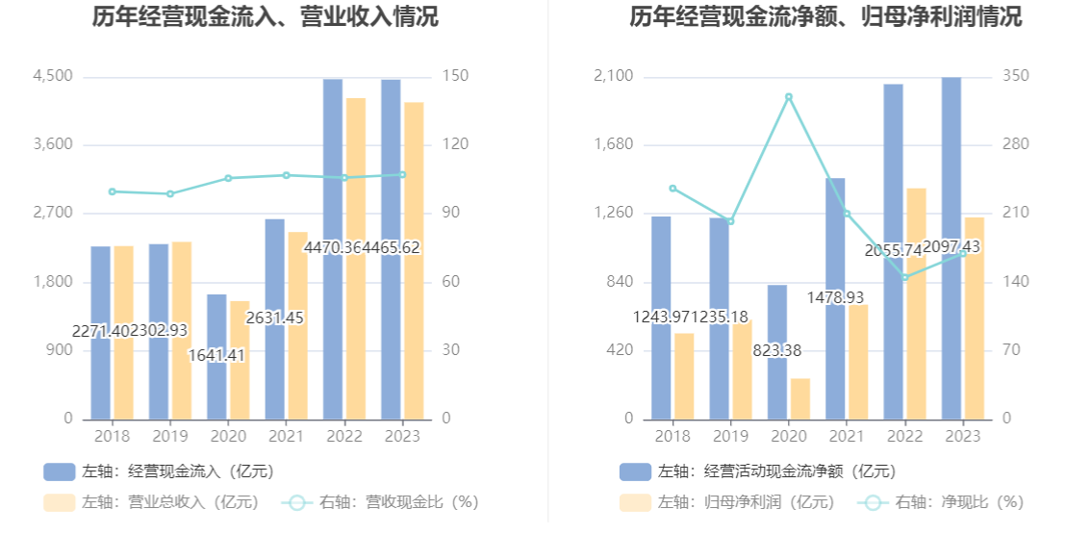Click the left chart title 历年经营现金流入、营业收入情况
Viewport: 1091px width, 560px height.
click(265, 16)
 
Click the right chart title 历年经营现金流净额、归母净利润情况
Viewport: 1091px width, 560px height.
click(825, 16)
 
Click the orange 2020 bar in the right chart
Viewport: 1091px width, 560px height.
click(800, 398)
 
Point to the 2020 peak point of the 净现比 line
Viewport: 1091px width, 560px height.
click(789, 97)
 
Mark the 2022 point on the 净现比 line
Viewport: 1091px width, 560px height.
click(904, 277)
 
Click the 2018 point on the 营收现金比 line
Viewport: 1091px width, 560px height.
click(113, 191)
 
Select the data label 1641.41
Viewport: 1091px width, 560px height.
click(216, 355)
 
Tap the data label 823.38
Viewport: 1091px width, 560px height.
click(789, 350)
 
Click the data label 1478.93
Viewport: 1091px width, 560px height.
click(835, 297)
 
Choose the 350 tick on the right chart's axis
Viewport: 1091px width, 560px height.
click(1015, 76)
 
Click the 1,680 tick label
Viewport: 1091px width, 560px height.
click(613, 144)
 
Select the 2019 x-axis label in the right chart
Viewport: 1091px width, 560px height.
click(730, 436)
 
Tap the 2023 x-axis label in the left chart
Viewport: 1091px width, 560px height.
click(401, 436)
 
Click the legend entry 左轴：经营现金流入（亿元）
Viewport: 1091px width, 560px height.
click(159, 471)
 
